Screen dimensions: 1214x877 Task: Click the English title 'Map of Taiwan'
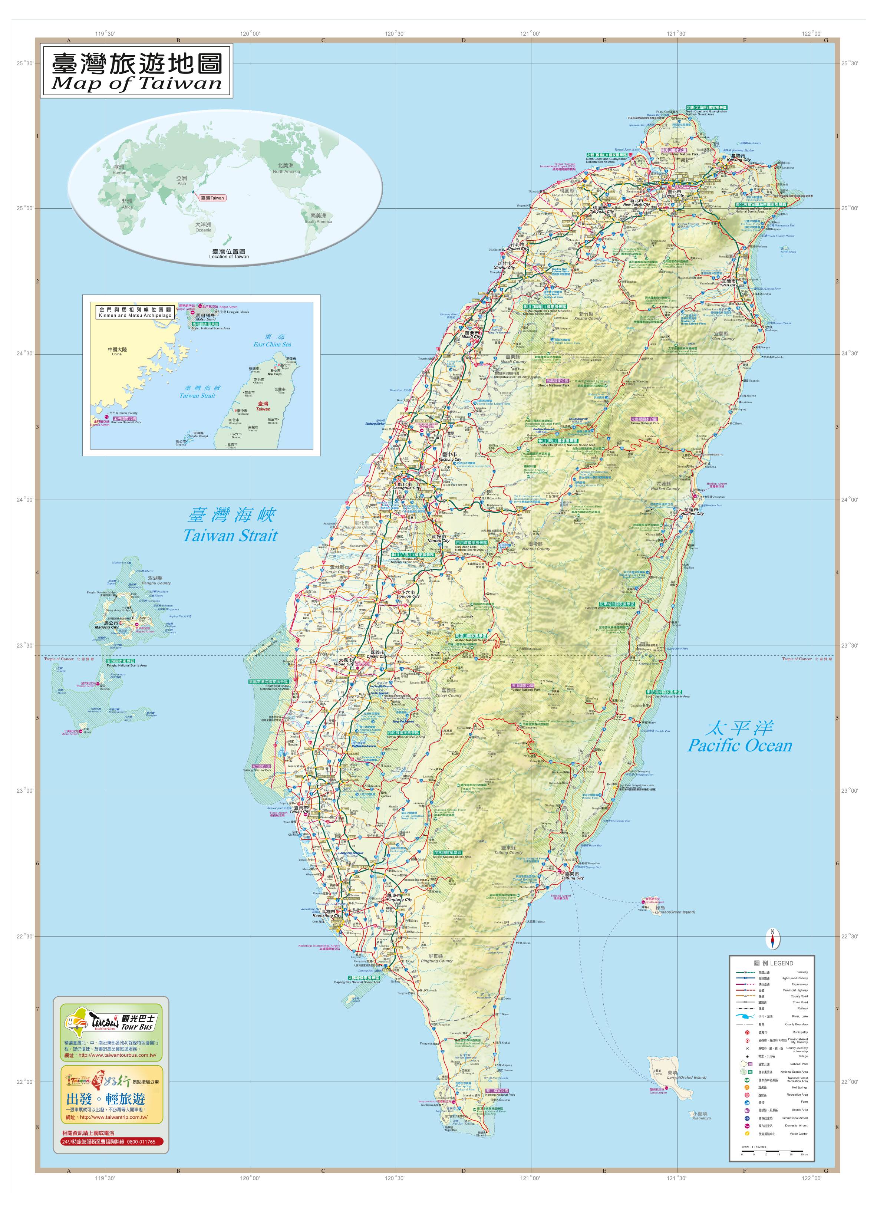point(136,83)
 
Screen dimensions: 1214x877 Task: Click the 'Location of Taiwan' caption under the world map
point(229,256)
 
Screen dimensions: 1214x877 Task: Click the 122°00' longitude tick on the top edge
point(812,34)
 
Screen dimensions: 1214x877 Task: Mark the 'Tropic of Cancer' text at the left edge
point(59,659)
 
